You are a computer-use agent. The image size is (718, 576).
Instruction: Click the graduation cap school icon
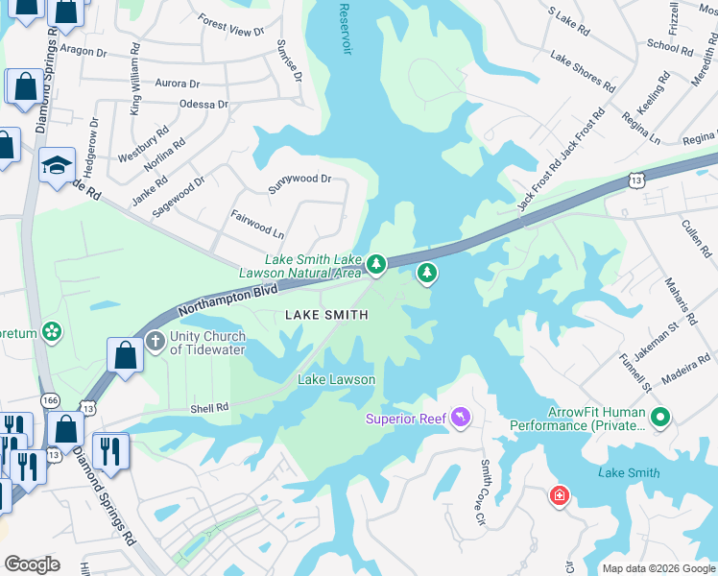coord(57,164)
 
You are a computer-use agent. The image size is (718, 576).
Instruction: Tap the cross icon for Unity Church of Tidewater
coord(156,341)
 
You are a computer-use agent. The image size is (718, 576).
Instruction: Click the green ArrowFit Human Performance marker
coord(659,419)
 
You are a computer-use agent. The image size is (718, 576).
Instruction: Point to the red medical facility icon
coord(559,495)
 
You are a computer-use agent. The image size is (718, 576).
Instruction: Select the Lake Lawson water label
coord(336,379)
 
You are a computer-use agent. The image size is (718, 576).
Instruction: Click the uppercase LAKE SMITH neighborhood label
coord(324,315)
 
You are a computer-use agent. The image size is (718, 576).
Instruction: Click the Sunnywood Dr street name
coord(299,180)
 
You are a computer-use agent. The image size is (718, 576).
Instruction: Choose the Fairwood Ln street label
coord(258,226)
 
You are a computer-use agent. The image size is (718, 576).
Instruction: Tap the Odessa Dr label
coord(203,104)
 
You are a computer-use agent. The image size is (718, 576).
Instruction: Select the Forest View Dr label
coord(230,25)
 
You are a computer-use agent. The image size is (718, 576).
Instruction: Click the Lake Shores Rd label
coord(583,72)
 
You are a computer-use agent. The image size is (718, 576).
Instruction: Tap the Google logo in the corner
coord(32,564)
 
